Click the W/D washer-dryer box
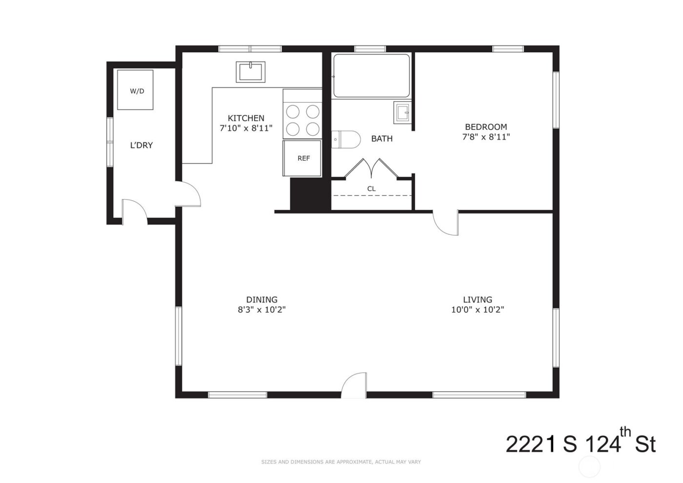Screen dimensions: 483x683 point(135,90)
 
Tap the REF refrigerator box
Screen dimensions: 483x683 point(303,158)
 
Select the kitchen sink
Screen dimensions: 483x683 point(250,72)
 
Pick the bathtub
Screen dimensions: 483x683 point(371,76)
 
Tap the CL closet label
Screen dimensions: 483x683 point(371,189)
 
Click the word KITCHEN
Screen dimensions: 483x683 point(246,118)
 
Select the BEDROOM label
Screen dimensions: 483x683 point(485,127)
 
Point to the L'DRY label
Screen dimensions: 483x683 point(141,145)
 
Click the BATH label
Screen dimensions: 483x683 point(382,139)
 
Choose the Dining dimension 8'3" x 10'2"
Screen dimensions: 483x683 point(261,310)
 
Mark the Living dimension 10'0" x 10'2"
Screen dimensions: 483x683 point(477,310)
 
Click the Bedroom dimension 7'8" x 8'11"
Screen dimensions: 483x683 point(485,137)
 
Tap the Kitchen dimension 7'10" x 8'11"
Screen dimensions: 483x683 point(246,128)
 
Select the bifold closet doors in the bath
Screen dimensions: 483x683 point(371,168)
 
